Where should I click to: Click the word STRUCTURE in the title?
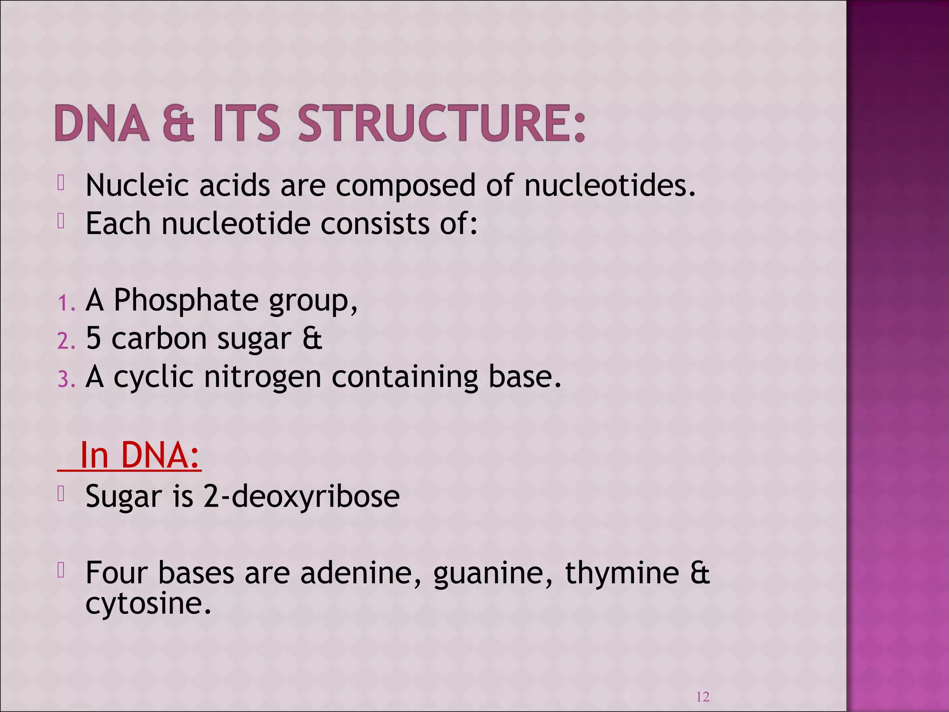tap(442, 123)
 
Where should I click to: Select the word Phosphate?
tap(186, 300)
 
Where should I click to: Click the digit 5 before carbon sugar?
tap(93, 338)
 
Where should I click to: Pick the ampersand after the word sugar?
tap(312, 338)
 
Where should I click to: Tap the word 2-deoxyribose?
tap(301, 496)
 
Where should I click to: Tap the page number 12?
tap(702, 697)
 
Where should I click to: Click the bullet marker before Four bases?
tap(61, 571)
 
